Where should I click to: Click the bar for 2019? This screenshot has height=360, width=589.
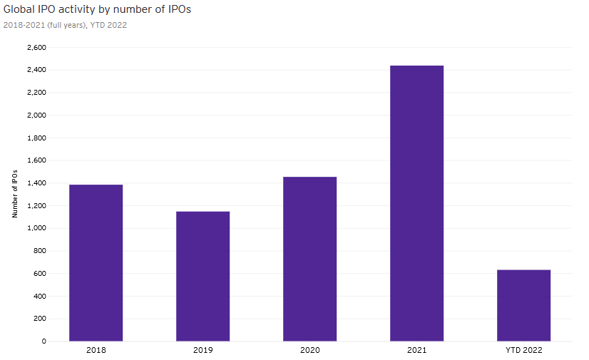click(203, 276)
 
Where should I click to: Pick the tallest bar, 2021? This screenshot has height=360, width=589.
click(416, 203)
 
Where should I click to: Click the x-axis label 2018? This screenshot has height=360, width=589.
click(96, 350)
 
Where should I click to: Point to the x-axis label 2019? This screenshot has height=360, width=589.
click(203, 350)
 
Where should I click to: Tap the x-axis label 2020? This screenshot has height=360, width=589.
click(309, 350)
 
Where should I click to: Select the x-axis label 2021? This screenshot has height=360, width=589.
click(416, 350)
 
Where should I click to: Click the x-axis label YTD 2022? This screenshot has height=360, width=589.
click(523, 350)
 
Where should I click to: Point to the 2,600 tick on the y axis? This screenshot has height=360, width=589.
click(36, 48)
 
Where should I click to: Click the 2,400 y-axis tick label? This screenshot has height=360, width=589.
click(36, 70)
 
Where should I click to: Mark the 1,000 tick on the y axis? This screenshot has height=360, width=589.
click(36, 228)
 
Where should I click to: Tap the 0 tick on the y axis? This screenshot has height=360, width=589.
click(43, 341)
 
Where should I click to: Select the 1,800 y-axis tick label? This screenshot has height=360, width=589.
click(36, 138)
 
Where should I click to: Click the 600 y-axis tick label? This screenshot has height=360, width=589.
click(39, 274)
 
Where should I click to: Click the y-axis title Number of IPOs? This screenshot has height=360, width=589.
click(15, 194)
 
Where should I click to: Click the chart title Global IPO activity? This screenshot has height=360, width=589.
click(98, 9)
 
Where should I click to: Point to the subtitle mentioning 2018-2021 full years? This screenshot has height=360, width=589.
click(65, 25)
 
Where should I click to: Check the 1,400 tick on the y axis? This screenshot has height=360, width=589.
click(36, 183)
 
